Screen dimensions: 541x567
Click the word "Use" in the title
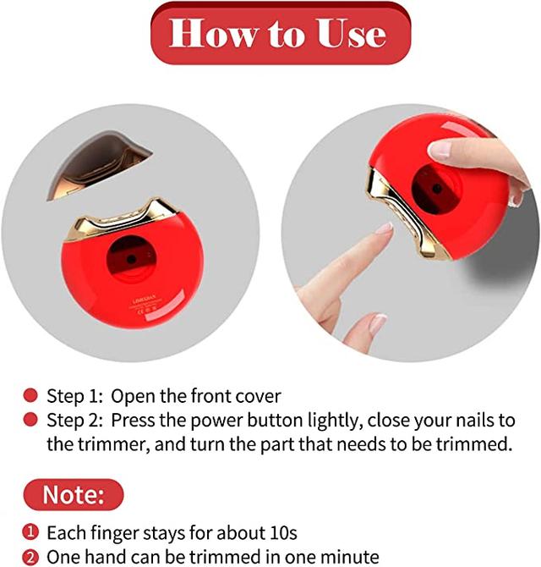click(x=351, y=33)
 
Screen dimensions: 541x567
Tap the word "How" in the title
click(x=214, y=33)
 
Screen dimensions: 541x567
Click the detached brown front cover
click(x=99, y=165)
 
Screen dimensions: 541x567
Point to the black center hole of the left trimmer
click(x=132, y=259)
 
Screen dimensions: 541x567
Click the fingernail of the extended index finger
click(x=385, y=228)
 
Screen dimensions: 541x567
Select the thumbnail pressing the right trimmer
click(x=440, y=150)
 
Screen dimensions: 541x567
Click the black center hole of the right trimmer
click(x=437, y=189)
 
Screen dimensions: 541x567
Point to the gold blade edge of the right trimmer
click(x=405, y=213)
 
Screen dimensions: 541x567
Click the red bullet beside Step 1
click(x=30, y=395)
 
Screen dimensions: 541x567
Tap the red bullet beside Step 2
click(x=30, y=420)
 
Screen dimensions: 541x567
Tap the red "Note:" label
click(x=74, y=495)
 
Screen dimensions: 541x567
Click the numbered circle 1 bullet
click(x=30, y=532)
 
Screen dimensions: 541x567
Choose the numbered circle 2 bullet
click(x=30, y=557)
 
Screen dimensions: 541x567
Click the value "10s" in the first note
click(x=283, y=533)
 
